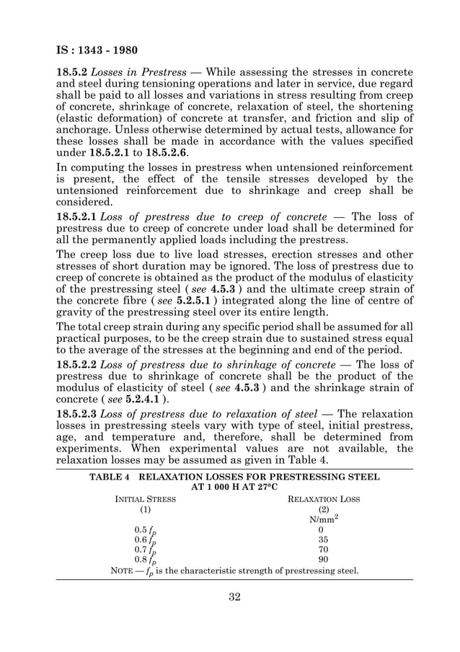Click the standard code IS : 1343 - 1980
(x=97, y=51)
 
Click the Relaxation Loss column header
(x=324, y=499)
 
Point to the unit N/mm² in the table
(x=324, y=519)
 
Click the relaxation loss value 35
(x=324, y=539)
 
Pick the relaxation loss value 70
(x=324, y=549)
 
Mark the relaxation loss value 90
(x=324, y=559)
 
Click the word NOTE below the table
(x=123, y=571)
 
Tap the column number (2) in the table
(x=324, y=509)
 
